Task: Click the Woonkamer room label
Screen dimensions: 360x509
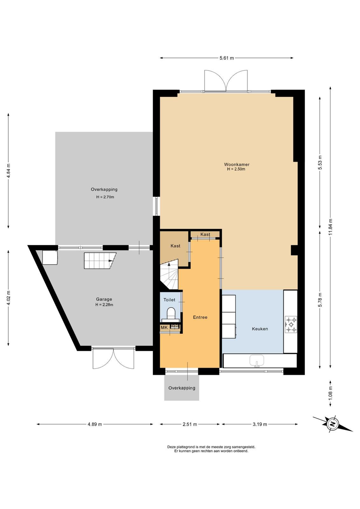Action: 237,164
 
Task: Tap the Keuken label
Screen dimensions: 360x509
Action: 260,329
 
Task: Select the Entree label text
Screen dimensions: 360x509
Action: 200,317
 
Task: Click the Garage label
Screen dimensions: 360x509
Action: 104,299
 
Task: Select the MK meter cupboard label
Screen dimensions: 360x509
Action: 164,328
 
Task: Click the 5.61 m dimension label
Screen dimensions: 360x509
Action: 226,58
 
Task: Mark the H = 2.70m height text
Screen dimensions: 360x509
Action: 105,197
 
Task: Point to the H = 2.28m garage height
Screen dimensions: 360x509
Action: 104,305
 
